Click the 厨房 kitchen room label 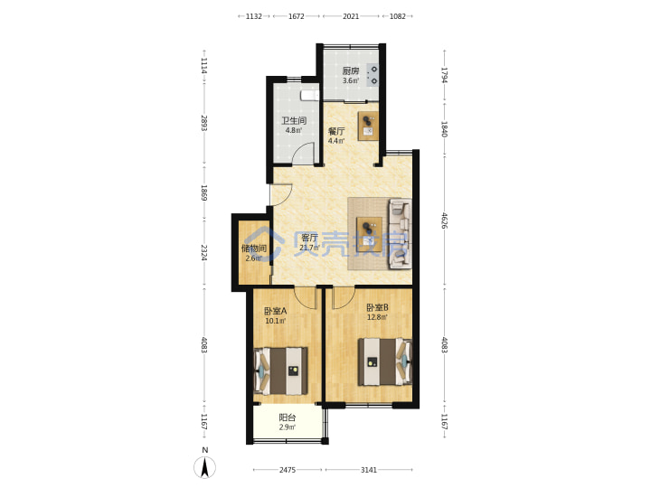[x=351, y=71]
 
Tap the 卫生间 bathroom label [x=294, y=121]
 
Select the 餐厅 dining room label [x=336, y=131]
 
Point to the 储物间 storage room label [x=254, y=249]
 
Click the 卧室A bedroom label [x=275, y=311]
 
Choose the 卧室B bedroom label [x=377, y=307]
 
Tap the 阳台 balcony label [x=288, y=418]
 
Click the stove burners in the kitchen [x=373, y=75]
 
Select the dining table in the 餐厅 [x=368, y=126]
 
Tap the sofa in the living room [x=400, y=234]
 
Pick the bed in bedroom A [x=281, y=371]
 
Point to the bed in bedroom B [x=385, y=361]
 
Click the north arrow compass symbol [x=204, y=468]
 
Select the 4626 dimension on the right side [x=444, y=221]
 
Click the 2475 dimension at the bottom [x=288, y=470]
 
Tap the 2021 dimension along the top [x=351, y=16]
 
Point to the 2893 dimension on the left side [x=203, y=123]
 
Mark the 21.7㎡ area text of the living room [x=310, y=248]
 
